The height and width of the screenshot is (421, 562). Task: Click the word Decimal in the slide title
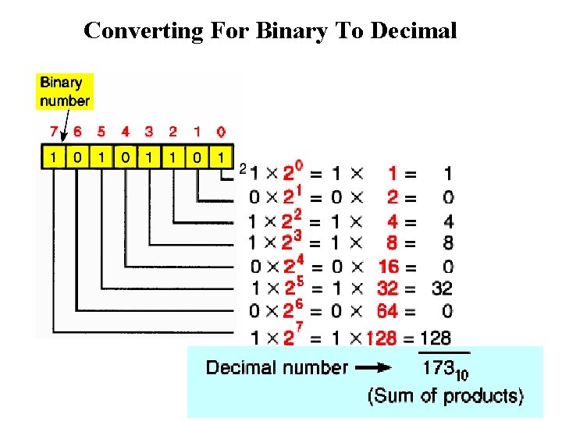tap(414, 31)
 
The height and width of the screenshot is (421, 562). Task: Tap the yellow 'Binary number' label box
tap(65, 91)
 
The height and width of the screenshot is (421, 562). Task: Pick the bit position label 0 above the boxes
tap(222, 132)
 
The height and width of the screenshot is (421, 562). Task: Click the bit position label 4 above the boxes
tap(125, 132)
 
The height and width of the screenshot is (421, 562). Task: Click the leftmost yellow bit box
tap(52, 158)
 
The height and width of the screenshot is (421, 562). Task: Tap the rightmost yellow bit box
tap(222, 158)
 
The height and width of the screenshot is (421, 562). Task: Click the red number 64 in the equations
tap(387, 310)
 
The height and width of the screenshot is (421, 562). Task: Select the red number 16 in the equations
tap(388, 267)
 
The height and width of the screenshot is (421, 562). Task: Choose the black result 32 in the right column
tap(442, 288)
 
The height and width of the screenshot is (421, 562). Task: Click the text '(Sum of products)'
tap(445, 396)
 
